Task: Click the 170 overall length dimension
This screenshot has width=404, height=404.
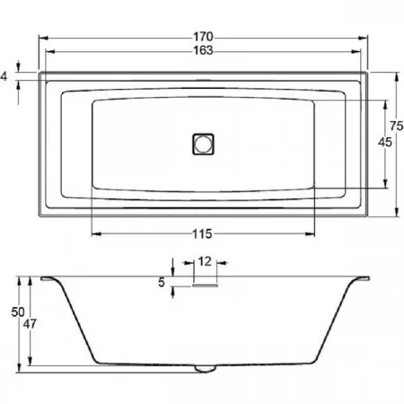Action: [x=203, y=37]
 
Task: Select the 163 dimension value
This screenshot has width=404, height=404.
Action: [x=203, y=50]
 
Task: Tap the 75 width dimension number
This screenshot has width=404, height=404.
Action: [x=397, y=126]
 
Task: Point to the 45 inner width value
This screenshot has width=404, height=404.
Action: [x=385, y=142]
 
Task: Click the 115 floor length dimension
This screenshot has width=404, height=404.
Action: [x=202, y=233]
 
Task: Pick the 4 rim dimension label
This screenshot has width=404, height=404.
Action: [x=4, y=76]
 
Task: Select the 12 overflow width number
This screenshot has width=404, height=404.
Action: [x=205, y=261]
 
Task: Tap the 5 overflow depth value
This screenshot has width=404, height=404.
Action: [x=162, y=282]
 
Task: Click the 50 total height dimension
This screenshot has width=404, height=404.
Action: [x=18, y=312]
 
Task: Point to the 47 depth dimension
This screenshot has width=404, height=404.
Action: [x=30, y=323]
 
